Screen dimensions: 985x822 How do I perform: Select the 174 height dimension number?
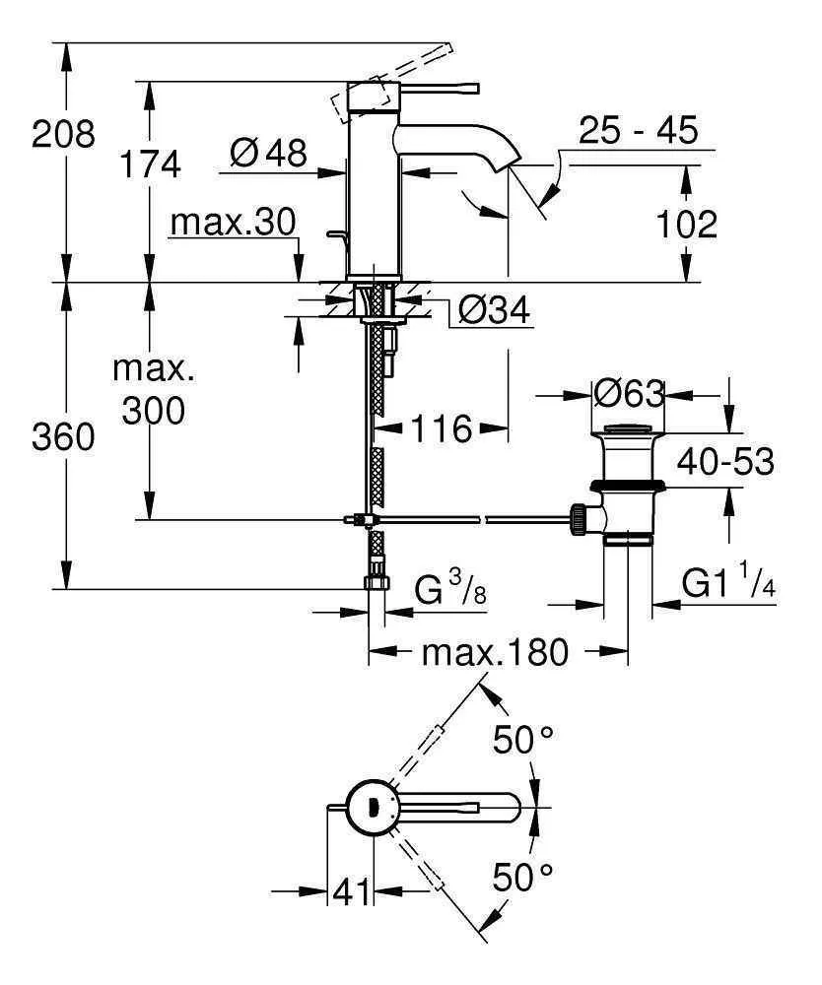pyautogui.click(x=150, y=164)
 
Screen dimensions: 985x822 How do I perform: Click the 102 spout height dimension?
pyautogui.click(x=686, y=225)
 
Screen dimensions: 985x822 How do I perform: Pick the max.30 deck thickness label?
pyautogui.click(x=233, y=224)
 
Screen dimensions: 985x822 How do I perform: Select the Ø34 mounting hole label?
pyautogui.click(x=494, y=312)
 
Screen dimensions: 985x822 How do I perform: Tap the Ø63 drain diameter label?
pyautogui.click(x=629, y=394)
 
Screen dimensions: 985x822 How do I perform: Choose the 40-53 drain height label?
pyautogui.click(x=724, y=461)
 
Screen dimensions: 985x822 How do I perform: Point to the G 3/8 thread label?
pyautogui.click(x=446, y=593)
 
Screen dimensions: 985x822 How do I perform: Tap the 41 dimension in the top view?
pyautogui.click(x=351, y=892)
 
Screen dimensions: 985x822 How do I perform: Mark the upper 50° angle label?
pyautogui.click(x=522, y=740)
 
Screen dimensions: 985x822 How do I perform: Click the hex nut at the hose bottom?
pyautogui.click(x=376, y=581)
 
